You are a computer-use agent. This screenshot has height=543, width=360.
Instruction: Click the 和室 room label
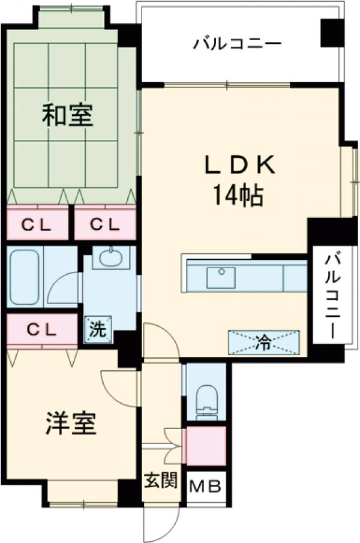(x=67, y=115)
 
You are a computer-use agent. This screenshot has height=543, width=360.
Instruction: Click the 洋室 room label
(x=71, y=425)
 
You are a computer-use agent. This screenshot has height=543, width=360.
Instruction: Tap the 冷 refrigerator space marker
(x=263, y=342)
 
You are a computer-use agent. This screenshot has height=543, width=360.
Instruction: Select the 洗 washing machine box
(x=96, y=329)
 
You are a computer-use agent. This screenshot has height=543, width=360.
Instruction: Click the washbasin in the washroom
(x=111, y=259)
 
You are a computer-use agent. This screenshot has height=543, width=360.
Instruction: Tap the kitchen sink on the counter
(x=221, y=278)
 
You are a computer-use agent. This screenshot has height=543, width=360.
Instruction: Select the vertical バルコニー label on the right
(x=332, y=295)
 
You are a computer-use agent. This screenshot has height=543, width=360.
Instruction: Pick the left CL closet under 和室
(x=37, y=224)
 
